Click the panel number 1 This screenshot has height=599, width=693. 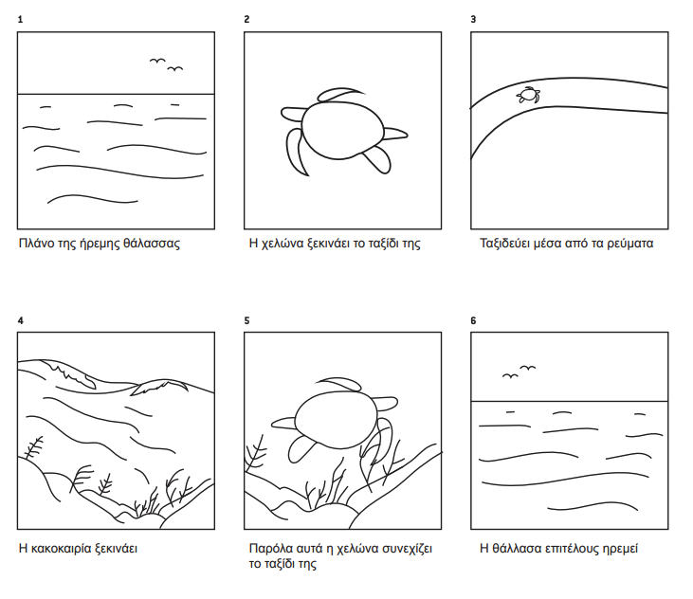coord(20,20)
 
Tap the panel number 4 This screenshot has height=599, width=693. coord(20,320)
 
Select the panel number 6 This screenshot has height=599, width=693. coord(473,320)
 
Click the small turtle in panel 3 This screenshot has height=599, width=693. coord(528,95)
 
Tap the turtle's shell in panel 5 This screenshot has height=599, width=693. coord(336,419)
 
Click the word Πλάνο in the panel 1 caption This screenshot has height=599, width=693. coord(36,244)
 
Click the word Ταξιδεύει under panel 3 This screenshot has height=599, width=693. coord(503,244)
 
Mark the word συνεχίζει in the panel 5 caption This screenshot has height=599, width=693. coord(407,549)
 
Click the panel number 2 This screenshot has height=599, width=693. coord(246,20)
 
